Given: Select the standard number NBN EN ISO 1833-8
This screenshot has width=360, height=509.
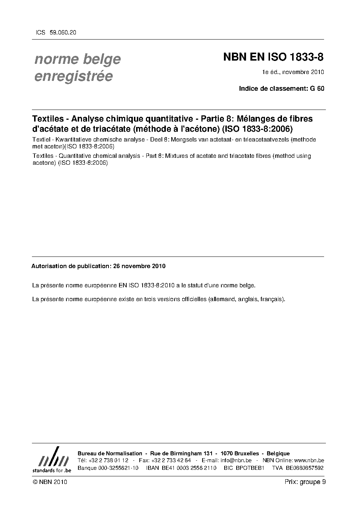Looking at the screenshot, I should pyautogui.click(x=273, y=57).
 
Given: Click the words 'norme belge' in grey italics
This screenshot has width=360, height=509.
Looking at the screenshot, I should pyautogui.click(x=77, y=59).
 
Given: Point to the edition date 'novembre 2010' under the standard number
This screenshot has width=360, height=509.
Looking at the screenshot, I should pyautogui.click(x=303, y=72).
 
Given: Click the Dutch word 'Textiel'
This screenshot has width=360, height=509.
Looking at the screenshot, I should pyautogui.click(x=41, y=140).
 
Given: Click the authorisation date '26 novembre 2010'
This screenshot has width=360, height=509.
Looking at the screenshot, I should pyautogui.click(x=139, y=266).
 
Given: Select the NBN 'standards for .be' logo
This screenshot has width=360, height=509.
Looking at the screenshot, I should pyautogui.click(x=52, y=460).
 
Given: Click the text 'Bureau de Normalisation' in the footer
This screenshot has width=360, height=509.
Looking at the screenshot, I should pyautogui.click(x=110, y=453).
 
